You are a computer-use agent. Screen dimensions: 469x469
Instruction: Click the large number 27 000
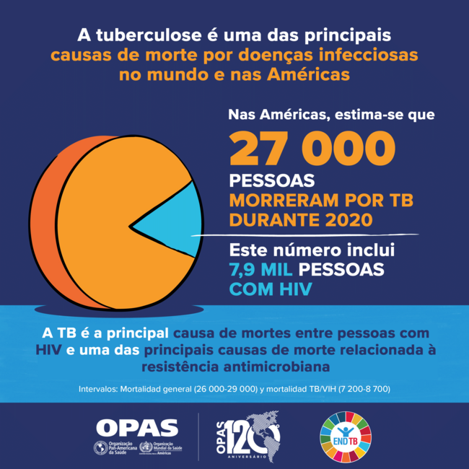coord(312,148)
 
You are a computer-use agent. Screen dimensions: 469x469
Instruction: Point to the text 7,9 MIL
coord(260,271)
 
